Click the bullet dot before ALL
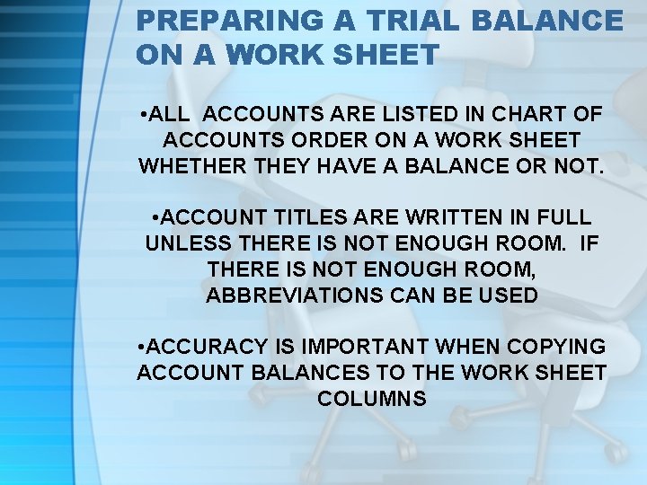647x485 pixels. (x=145, y=116)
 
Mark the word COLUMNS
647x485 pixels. (x=371, y=397)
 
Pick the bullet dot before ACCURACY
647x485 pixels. (x=144, y=346)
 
